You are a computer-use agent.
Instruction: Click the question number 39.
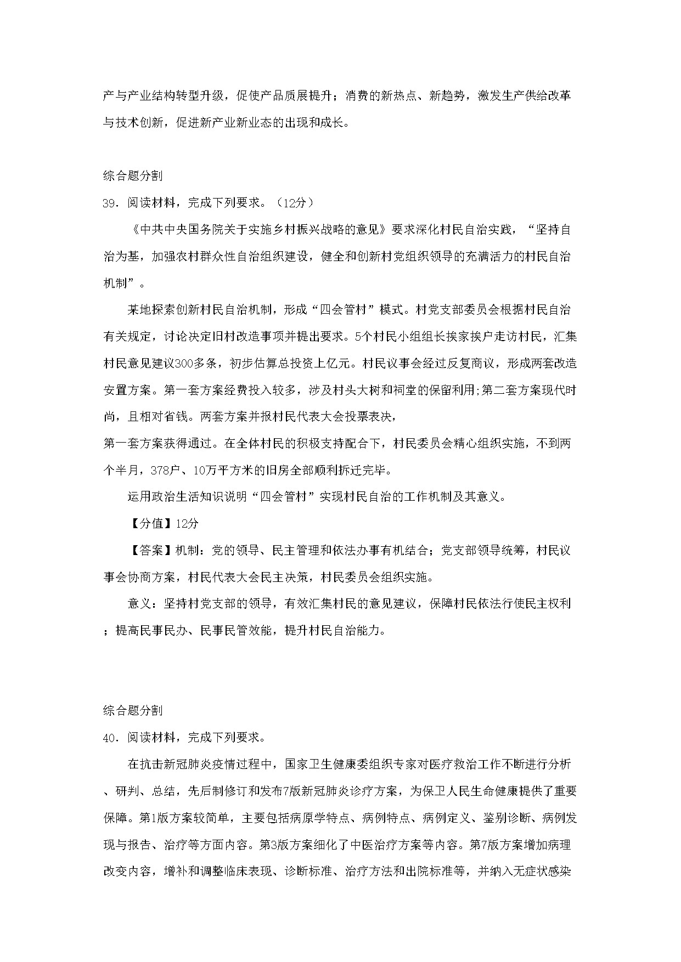click(110, 203)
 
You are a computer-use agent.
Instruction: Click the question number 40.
click(110, 737)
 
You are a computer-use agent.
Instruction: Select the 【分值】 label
click(151, 523)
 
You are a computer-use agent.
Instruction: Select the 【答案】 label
click(151, 550)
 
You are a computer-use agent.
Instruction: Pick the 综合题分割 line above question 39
click(132, 176)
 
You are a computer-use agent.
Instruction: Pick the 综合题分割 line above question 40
click(132, 710)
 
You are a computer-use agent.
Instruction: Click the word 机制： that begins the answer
click(190, 550)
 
